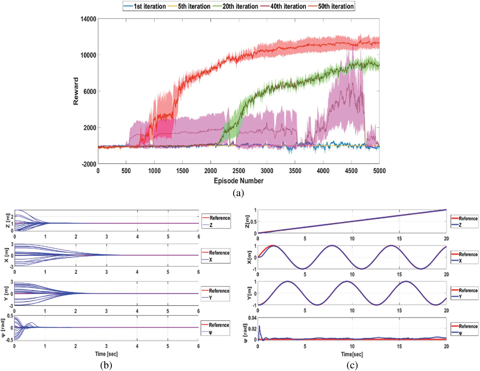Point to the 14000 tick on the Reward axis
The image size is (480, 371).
click(x=88, y=19)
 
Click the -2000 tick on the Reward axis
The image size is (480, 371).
click(x=89, y=164)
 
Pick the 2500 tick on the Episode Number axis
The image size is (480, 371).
click(x=239, y=171)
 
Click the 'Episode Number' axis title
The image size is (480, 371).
click(x=238, y=181)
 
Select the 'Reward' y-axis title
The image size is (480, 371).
click(x=76, y=91)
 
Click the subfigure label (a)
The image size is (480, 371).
click(x=238, y=193)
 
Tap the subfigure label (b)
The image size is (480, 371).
click(x=106, y=365)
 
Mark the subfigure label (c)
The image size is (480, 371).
click(x=352, y=365)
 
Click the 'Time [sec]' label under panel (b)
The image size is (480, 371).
click(x=106, y=354)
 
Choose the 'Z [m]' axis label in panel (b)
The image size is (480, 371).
click(x=8, y=220)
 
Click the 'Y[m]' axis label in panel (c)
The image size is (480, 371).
click(x=249, y=293)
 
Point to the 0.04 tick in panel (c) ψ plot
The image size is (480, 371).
click(x=252, y=318)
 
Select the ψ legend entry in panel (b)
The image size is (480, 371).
click(x=210, y=332)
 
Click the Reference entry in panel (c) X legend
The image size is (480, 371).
click(x=468, y=254)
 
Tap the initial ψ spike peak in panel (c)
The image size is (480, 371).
click(x=259, y=326)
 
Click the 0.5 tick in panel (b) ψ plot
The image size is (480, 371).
click(x=10, y=316)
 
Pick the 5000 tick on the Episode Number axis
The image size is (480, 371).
click(x=379, y=171)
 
